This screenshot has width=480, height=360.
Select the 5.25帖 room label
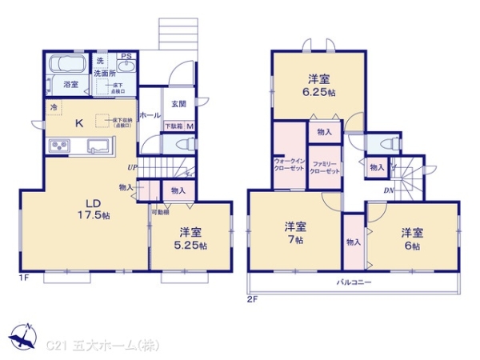190,238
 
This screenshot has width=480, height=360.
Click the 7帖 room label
295,232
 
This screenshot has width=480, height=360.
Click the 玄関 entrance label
178,103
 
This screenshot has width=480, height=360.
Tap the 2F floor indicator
253,299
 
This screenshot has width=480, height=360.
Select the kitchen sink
98,146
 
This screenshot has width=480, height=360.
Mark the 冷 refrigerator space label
54,107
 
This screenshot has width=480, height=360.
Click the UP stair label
132,167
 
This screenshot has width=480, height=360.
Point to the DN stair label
388,190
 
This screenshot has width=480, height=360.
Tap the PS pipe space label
126,56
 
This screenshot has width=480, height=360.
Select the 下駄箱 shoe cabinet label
174,126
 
